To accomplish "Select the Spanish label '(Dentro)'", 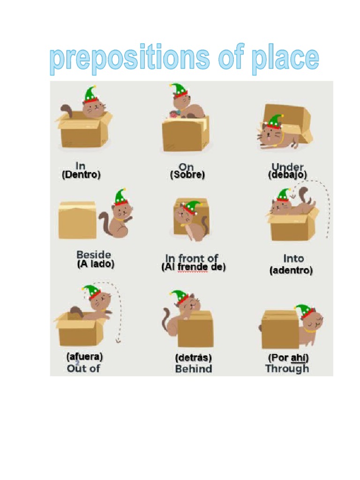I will click(81, 175).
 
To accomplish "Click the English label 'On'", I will click(186, 166).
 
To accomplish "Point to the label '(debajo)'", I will click(287, 174).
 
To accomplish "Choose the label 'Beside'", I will click(94, 255).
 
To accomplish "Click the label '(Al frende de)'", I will click(193, 267).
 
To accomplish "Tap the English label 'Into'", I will click(293, 258).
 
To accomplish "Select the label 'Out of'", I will click(83, 368).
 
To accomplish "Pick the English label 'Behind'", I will click(193, 368).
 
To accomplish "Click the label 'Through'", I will click(287, 368).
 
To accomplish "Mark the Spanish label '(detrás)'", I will click(193, 358).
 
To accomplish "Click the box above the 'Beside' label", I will click(77, 220).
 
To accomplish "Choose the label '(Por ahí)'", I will click(288, 358).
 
